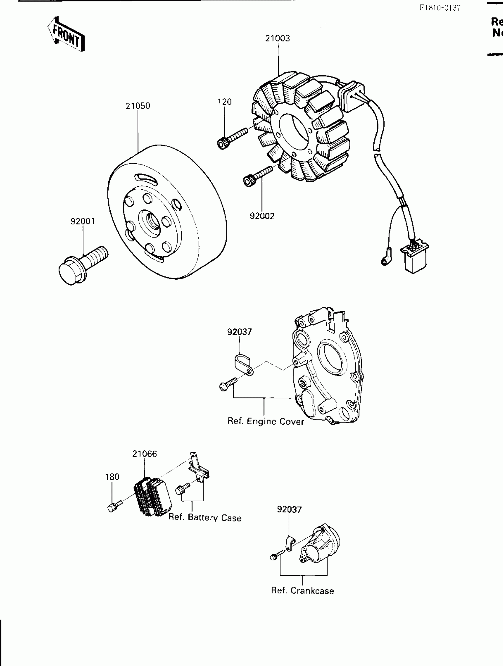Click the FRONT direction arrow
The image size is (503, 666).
[x=66, y=34]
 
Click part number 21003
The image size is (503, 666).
[x=277, y=38]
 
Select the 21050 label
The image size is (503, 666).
[x=138, y=106]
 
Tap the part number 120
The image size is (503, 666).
[x=225, y=102]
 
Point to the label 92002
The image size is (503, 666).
[x=262, y=216]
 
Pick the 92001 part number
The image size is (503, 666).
[x=83, y=221]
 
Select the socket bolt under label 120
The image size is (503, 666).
[x=232, y=138]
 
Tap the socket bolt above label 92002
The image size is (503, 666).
[x=258, y=176]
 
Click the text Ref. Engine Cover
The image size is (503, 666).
[x=265, y=422]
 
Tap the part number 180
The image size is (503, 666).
[x=112, y=477]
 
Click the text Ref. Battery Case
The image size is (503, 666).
[x=205, y=517]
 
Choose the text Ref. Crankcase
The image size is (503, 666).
[x=302, y=591]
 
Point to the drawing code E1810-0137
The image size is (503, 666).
[x=440, y=8]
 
